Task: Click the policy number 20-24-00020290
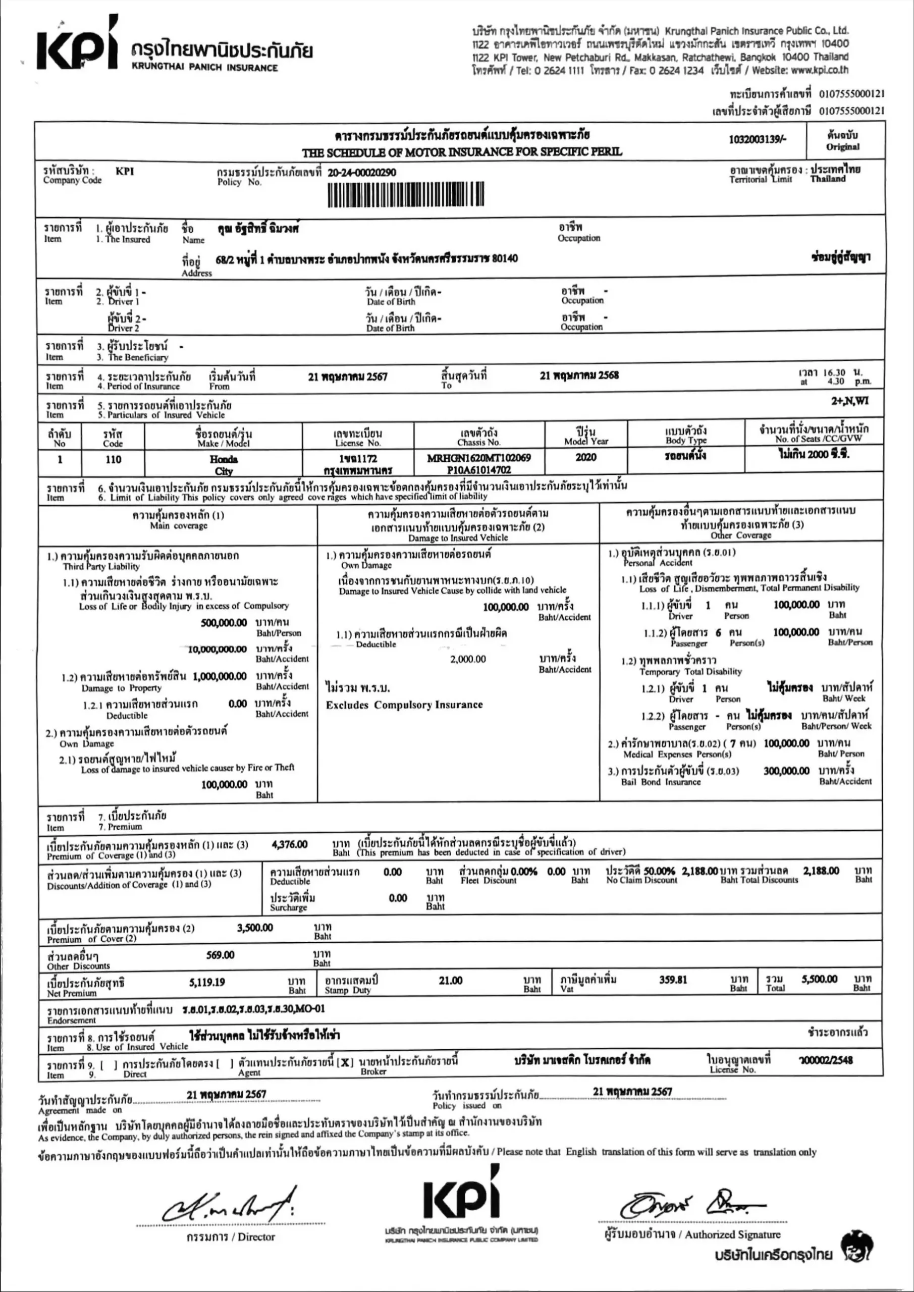coord(361,173)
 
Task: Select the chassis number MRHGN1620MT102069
coord(478,458)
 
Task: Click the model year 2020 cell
coord(585,457)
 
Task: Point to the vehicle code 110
coord(113,460)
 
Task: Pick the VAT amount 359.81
coord(673,980)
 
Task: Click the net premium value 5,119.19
coord(207,983)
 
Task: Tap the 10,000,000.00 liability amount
coord(217,650)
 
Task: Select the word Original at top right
coord(842,147)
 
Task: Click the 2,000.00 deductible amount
coord(468,659)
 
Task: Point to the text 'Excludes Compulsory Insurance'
coord(404,705)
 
